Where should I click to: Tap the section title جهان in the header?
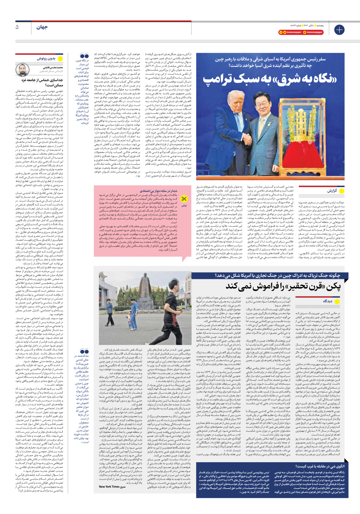42,27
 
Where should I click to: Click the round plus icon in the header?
339,30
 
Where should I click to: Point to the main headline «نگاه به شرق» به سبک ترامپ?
270,79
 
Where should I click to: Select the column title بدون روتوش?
46,58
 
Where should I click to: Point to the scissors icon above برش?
184,199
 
